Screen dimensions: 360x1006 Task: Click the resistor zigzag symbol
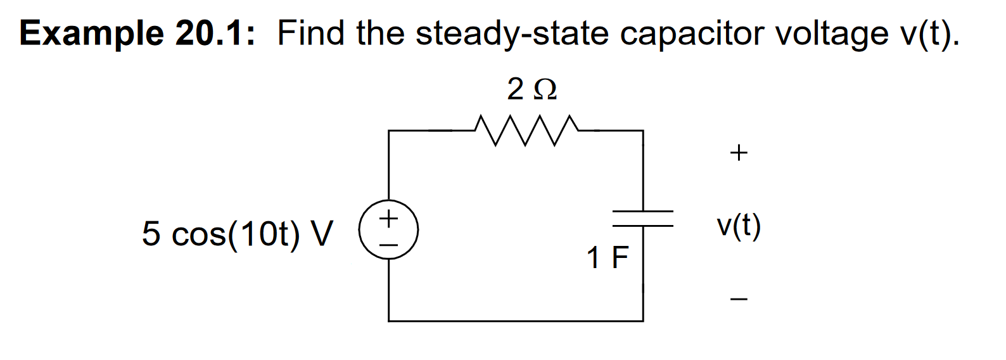(526, 131)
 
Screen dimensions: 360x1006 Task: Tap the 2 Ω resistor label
(532, 89)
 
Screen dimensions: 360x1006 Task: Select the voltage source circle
(388, 231)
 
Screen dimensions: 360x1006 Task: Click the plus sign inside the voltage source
(388, 220)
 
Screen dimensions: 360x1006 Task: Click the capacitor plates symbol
(643, 219)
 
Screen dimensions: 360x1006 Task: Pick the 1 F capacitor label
(607, 258)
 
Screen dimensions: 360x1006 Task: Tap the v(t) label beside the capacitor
(739, 225)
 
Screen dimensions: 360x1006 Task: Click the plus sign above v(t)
(739, 153)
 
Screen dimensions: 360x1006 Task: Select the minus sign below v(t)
(739, 299)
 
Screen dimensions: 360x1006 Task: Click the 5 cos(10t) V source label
(237, 233)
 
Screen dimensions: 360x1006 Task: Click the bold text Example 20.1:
(137, 33)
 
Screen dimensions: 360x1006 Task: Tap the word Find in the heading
(310, 33)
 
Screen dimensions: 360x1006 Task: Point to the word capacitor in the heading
(692, 34)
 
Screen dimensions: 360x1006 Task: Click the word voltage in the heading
(832, 34)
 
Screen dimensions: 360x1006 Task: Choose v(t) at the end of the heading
(929, 34)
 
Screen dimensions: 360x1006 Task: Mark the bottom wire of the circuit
(516, 321)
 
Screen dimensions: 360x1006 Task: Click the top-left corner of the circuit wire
(389, 131)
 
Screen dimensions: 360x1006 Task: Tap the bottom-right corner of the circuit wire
(643, 321)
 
